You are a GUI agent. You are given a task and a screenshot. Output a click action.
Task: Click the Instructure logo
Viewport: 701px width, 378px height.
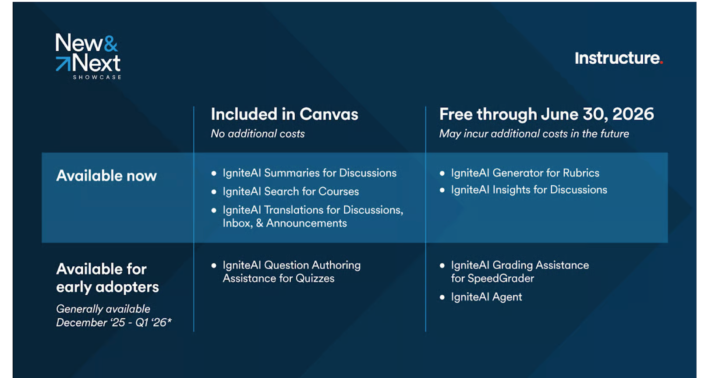619,58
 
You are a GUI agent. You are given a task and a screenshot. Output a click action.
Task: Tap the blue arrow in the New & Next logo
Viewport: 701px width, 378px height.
64,64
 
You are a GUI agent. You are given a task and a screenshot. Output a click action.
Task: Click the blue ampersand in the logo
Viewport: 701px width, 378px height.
111,43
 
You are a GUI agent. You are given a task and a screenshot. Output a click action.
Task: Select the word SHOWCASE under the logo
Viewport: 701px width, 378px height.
97,77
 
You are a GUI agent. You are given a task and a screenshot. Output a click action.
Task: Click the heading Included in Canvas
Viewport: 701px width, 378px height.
284,114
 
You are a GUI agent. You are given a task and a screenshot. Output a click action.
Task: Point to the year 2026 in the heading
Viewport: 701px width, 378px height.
633,114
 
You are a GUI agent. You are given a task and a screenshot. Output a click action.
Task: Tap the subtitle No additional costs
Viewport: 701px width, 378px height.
258,134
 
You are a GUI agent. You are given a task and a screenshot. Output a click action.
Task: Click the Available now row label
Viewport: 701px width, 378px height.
106,176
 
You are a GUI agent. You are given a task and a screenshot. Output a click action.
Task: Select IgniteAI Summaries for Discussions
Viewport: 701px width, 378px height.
309,173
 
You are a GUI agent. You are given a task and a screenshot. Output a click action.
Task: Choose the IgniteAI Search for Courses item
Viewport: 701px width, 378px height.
291,191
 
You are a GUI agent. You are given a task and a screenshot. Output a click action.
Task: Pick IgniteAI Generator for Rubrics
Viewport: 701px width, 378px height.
525,173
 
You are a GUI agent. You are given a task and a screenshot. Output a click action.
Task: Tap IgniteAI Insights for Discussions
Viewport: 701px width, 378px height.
529,190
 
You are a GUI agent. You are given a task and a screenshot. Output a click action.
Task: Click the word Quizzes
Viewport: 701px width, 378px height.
315,279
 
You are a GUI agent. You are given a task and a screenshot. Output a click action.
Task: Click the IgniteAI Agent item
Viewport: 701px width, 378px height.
486,297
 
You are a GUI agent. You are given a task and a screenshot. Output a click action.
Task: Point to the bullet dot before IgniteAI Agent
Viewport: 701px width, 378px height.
442,297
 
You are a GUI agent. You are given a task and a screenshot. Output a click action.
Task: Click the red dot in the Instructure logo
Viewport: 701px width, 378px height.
661,63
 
